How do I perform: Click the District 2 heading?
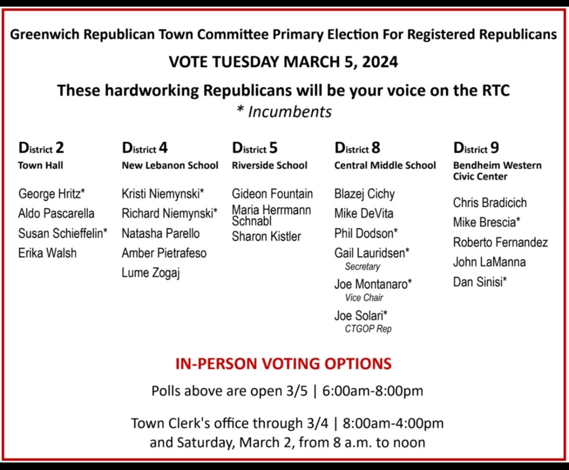pos(41,148)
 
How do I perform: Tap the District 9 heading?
pos(476,148)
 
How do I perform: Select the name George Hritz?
pos(52,194)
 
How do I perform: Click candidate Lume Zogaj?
pos(151,273)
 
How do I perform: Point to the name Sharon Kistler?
pos(266,236)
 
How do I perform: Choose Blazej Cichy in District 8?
pos(364,194)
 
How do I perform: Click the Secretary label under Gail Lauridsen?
pos(362,266)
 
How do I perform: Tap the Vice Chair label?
pos(364,298)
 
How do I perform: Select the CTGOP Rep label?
pos(368,329)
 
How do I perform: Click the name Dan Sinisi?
pos(479,282)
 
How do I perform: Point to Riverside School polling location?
pos(269,165)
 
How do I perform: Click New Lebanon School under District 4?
pos(170,165)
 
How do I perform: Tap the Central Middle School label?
pos(385,165)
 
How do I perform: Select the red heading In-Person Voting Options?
pos(284,364)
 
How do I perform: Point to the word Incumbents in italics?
pos(290,112)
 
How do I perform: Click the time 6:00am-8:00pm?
pos(373,391)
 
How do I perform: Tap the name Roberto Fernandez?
pos(500,242)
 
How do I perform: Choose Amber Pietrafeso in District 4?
pos(164,253)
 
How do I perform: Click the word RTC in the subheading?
pos(496,90)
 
